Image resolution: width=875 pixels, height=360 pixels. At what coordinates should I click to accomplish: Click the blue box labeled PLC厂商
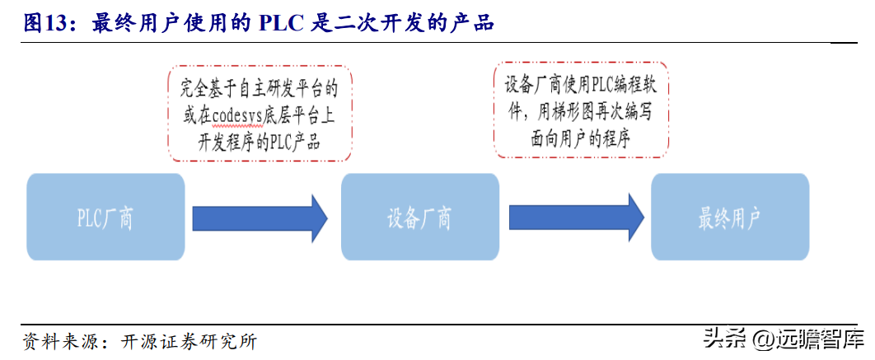click(x=105, y=217)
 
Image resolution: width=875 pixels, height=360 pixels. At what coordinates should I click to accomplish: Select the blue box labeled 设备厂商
click(x=419, y=217)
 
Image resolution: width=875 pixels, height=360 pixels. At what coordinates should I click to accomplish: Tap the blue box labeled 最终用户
click(x=729, y=217)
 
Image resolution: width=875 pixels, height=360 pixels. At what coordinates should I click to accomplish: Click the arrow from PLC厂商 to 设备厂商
click(x=260, y=217)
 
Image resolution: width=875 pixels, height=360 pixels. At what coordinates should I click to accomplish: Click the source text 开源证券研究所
click(x=190, y=341)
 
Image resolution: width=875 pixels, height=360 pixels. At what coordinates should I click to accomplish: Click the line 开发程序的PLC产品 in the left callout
click(x=259, y=140)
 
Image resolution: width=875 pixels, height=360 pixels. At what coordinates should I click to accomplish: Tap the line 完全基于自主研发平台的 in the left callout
click(x=259, y=86)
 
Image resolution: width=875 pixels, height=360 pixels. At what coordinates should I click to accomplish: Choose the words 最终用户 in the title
click(x=134, y=23)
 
